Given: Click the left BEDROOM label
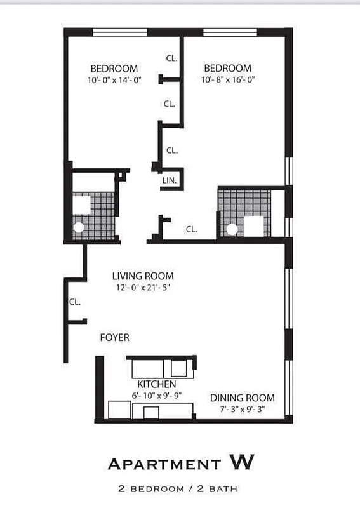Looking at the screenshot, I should click(x=114, y=69).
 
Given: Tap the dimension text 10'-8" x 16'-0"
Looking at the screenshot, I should click(x=227, y=80).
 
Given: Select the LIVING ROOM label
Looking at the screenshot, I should click(x=143, y=276).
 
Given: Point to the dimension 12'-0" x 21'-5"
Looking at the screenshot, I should click(x=143, y=288).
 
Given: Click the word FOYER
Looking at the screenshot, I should click(x=115, y=338).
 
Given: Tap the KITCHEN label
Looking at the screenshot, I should click(x=157, y=384).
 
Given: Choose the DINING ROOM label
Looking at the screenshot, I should click(x=243, y=398).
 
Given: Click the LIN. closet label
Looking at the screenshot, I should click(x=170, y=180).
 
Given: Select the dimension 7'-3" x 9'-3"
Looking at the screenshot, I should click(x=243, y=410).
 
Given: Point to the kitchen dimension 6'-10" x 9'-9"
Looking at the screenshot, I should click(x=157, y=395).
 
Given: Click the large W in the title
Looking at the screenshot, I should click(x=241, y=463).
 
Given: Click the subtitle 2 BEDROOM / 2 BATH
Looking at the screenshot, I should click(x=178, y=489).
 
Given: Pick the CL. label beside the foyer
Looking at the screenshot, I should click(x=75, y=302).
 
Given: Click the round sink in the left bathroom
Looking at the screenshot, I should click(x=79, y=227).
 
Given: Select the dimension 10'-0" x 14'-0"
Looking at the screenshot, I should click(x=114, y=80).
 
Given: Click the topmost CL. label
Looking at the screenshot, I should click(x=171, y=58).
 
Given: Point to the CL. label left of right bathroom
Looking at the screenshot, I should click(x=192, y=229).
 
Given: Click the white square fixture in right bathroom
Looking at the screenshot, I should click(x=254, y=225).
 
